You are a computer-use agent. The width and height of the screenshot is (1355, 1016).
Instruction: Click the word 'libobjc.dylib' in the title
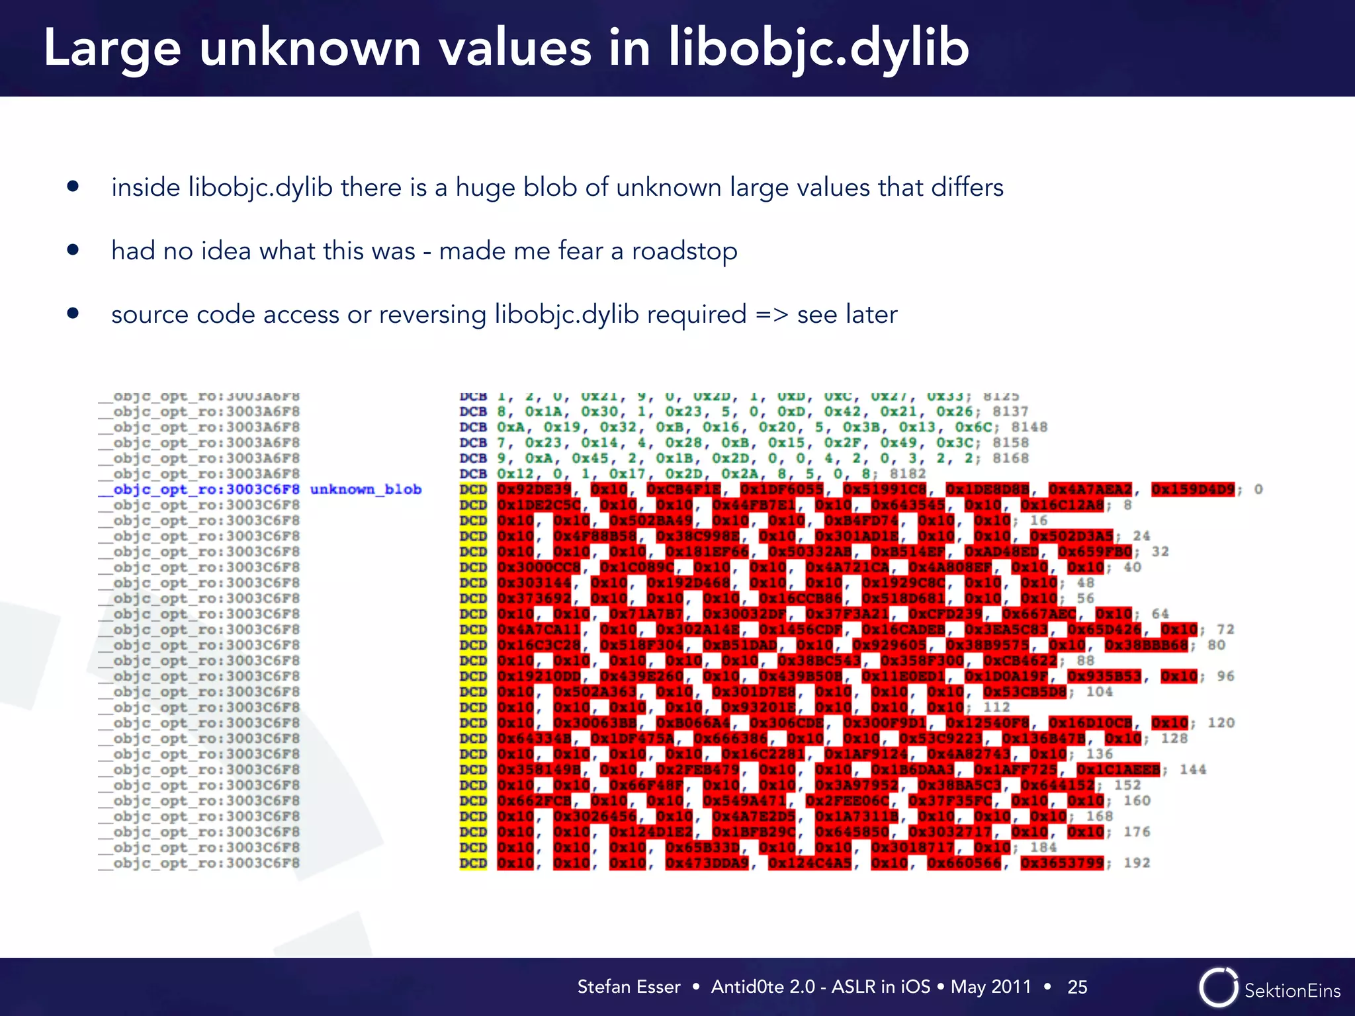(x=818, y=49)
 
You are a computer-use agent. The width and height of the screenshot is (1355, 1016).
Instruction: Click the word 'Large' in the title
(x=111, y=49)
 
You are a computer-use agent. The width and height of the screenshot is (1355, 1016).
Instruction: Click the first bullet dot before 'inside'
(x=73, y=187)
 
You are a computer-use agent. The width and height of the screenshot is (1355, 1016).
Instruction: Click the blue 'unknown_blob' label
(x=365, y=489)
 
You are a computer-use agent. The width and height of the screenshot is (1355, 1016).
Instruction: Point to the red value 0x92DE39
(x=534, y=489)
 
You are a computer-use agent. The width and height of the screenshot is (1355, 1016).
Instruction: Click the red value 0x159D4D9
(x=1193, y=489)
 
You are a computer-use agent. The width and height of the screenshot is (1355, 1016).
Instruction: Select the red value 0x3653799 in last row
(x=1062, y=863)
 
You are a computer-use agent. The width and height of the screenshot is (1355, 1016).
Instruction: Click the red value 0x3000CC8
(x=539, y=568)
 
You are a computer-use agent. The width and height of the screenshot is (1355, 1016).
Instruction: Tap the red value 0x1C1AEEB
(x=1118, y=770)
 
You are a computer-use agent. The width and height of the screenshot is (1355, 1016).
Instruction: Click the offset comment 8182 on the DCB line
(x=908, y=474)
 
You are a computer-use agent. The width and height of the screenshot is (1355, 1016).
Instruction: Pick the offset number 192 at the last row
(x=1137, y=863)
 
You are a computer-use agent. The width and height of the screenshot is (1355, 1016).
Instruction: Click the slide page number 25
(x=1077, y=987)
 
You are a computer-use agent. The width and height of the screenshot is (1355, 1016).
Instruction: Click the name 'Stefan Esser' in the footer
(x=629, y=987)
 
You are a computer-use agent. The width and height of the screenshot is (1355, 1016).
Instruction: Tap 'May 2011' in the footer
(x=990, y=987)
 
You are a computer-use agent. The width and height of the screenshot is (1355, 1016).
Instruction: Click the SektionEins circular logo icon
(x=1218, y=988)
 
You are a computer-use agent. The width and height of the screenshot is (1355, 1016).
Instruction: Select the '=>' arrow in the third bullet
(x=772, y=315)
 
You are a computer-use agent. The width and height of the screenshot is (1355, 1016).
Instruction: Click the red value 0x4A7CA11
(x=539, y=630)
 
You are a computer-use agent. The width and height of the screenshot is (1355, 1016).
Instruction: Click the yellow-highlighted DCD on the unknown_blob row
(x=473, y=489)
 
